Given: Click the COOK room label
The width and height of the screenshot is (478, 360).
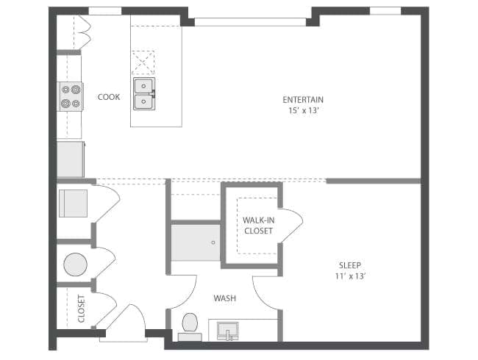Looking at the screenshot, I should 109,97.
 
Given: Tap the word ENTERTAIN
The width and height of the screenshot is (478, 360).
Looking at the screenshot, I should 303,100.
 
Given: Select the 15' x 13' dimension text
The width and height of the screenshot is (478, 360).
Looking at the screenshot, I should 303,111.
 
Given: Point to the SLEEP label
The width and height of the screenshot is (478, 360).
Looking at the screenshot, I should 350,265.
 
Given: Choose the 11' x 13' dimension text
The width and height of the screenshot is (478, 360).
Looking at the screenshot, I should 350,276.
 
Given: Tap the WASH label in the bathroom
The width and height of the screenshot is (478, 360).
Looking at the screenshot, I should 224,299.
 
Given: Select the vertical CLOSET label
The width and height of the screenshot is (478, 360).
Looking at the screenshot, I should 81,309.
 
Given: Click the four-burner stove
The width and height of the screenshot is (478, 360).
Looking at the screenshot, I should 71,96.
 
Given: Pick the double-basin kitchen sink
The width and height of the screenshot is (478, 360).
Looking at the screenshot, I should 143,93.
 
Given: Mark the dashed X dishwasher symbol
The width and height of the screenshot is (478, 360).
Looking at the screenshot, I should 143,62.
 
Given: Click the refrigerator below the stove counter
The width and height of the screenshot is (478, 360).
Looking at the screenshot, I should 71,159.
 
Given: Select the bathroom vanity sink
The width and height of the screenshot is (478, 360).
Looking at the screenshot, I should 229,331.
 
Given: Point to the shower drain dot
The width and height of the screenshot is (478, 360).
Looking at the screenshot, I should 213,242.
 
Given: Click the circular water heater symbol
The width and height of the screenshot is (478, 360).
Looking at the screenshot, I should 75,263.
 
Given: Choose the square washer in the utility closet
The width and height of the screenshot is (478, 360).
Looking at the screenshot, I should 73,204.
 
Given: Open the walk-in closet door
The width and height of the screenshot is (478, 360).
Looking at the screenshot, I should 292,226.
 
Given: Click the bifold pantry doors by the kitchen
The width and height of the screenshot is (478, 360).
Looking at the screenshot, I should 84,32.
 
